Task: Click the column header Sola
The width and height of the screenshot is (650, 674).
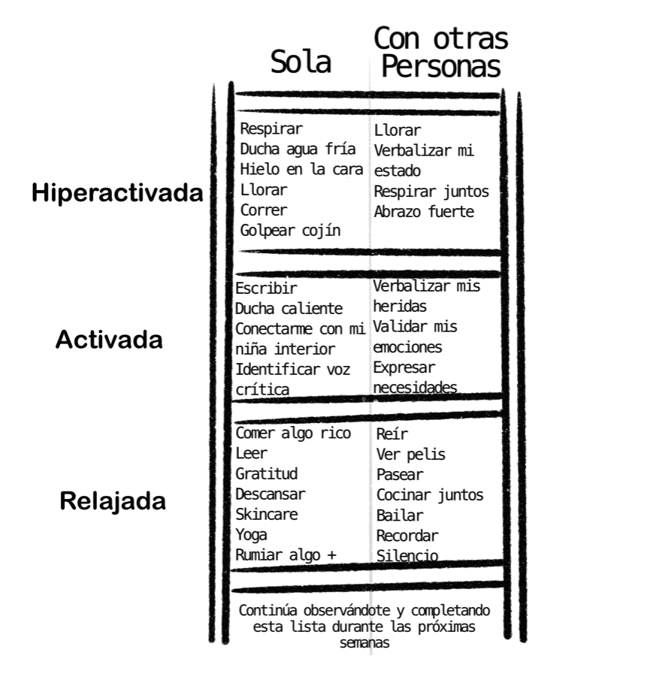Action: point(301,62)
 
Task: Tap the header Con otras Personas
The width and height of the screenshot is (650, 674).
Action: point(440,52)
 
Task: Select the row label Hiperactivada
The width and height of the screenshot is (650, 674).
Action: point(117,192)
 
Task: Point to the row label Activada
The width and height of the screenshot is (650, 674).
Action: point(109,340)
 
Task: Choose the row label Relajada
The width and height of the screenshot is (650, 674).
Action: point(113,501)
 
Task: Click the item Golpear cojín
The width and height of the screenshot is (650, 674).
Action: point(290,231)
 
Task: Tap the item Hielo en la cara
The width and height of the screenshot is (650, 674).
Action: point(301,169)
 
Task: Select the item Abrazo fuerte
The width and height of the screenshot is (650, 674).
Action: point(424,211)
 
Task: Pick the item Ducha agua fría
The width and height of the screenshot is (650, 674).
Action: point(298,149)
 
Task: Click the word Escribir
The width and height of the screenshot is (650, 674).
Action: point(266,288)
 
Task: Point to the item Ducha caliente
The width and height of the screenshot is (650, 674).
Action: point(289,308)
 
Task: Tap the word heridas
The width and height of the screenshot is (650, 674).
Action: point(400,306)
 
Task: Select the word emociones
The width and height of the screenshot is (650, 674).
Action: point(407,347)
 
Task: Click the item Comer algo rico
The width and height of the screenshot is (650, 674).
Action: point(293,433)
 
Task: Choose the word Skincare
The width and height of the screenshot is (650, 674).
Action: point(267,514)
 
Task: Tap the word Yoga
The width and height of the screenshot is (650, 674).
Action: point(251,535)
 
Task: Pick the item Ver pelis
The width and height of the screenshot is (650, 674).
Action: point(410,454)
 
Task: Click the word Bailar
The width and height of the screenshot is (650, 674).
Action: point(400,515)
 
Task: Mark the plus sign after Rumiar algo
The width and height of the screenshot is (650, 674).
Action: point(331,555)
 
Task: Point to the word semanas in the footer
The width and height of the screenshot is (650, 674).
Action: point(364,643)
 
